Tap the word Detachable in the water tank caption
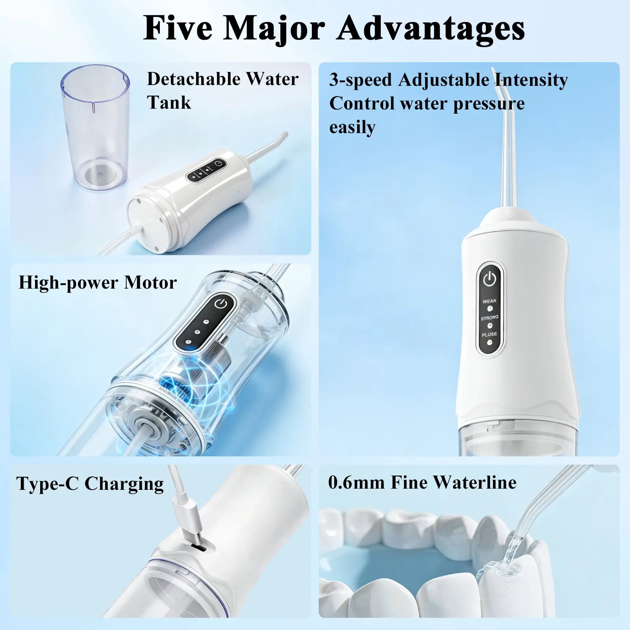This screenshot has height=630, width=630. (193, 79)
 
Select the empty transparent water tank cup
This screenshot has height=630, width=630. (95, 127)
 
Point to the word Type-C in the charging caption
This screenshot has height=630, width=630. (48, 484)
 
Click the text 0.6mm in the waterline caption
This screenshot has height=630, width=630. (356, 482)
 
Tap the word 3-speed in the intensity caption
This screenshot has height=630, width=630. (361, 80)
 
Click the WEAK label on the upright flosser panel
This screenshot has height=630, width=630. (489, 301)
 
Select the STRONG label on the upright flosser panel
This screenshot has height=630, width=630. (489, 317)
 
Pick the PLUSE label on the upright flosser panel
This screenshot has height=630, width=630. (489, 334)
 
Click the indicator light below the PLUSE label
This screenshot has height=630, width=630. (489, 343)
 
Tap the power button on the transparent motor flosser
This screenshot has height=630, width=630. (220, 304)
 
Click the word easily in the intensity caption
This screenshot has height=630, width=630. (352, 128)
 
